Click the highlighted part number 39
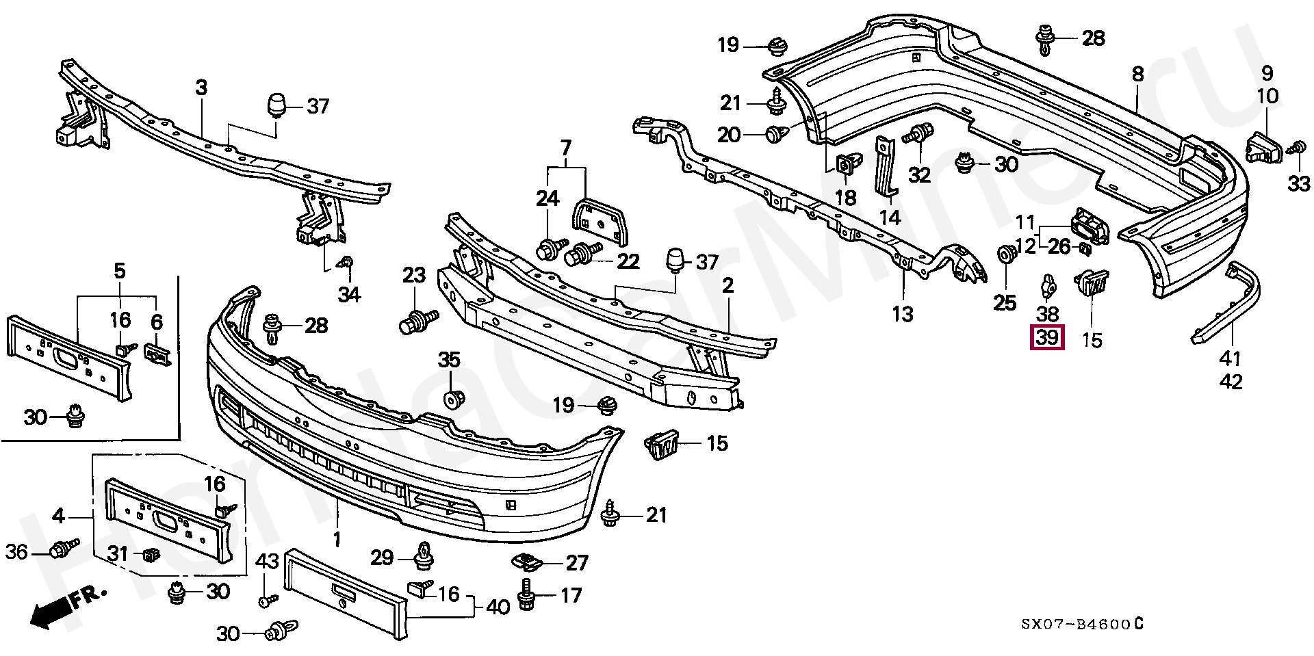[x=1048, y=338]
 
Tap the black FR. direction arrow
[x=51, y=612]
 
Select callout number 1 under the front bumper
[x=337, y=540]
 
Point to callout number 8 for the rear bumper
[x=1137, y=74]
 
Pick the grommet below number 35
[x=452, y=399]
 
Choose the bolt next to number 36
[x=64, y=549]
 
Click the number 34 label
[x=348, y=294]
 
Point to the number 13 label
[x=903, y=314]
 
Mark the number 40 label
[x=498, y=606]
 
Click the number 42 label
[x=1231, y=382]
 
